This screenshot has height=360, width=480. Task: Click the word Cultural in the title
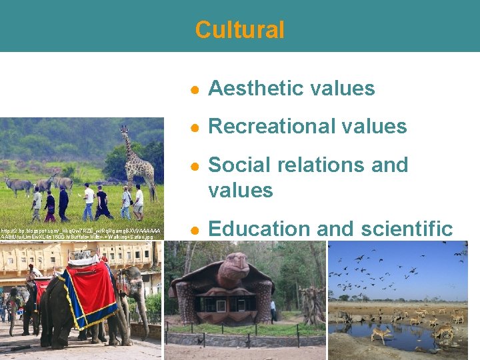[x=239, y=30]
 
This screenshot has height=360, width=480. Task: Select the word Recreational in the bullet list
[x=274, y=126]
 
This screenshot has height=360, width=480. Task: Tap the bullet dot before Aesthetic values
[x=193, y=89]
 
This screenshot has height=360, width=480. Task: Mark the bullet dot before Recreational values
[x=193, y=127]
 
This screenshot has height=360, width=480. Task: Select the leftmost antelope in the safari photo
[x=16, y=183]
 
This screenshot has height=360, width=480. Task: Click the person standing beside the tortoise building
[x=273, y=311]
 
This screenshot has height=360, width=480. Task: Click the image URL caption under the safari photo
[x=80, y=233]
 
